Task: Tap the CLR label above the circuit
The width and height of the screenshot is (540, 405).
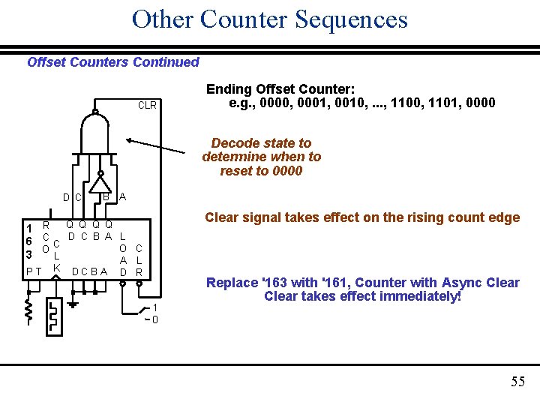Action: point(147,105)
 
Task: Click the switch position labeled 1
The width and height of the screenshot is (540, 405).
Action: point(154,307)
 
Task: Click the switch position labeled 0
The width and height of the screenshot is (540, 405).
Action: point(154,320)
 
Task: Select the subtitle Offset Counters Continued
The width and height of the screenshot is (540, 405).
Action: point(113,62)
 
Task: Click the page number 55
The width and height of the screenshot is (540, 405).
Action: point(517,382)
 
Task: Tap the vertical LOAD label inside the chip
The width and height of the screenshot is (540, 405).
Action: point(123,253)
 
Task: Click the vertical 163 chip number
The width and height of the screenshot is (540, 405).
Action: point(28,241)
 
